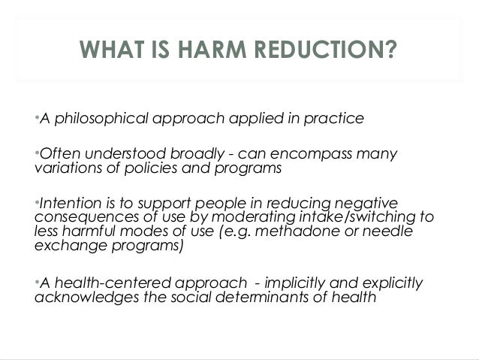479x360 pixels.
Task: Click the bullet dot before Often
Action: (x=37, y=153)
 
